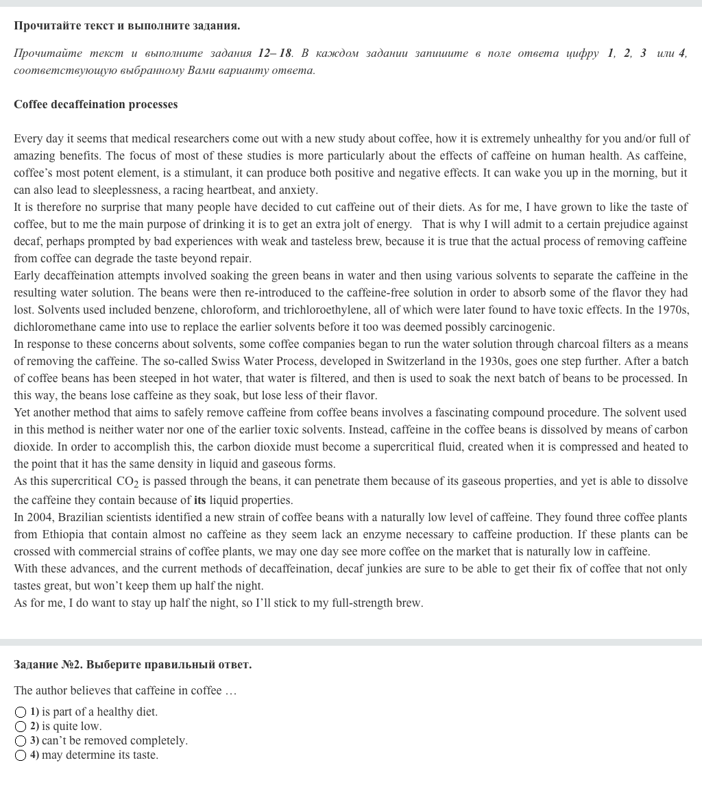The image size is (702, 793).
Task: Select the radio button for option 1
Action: pyautogui.click(x=21, y=712)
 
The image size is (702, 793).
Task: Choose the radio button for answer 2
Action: pyautogui.click(x=21, y=727)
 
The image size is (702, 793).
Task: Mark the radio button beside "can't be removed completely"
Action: pyautogui.click(x=21, y=741)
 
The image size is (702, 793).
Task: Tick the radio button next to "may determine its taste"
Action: pyautogui.click(x=21, y=755)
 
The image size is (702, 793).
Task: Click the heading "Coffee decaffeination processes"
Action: pyautogui.click(x=95, y=105)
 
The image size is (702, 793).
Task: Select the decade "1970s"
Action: pyautogui.click(x=673, y=310)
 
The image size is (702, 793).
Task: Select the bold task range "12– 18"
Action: pyautogui.click(x=275, y=53)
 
